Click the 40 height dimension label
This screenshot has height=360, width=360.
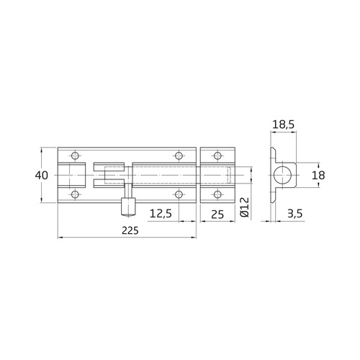[43, 175]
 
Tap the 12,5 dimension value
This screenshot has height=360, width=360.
[160, 214]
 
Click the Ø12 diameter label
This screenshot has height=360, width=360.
[244, 207]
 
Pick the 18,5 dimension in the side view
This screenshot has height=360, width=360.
[283, 125]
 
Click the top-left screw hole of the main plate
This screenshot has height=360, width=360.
[73, 155]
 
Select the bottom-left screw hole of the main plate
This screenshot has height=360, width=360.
[73, 195]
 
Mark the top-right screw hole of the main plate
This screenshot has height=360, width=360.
[179, 155]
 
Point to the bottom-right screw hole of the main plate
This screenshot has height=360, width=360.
[179, 195]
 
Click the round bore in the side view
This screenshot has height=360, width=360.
[285, 175]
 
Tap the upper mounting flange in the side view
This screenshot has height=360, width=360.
[272, 154]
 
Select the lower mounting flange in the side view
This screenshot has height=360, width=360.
[272, 197]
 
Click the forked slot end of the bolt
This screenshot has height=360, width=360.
[101, 175]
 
